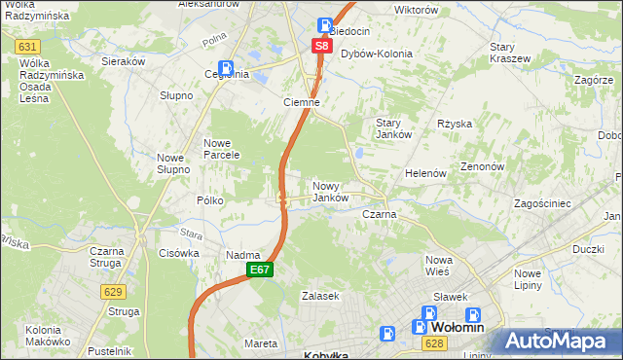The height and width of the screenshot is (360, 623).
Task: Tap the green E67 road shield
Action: pos(258,270)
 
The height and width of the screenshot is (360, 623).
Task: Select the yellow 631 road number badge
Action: pos(28,47)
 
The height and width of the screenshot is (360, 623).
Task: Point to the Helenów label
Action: pos(425,173)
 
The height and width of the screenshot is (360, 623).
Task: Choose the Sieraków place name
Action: pos(124,60)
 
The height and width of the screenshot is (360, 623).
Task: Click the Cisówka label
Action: pos(179,253)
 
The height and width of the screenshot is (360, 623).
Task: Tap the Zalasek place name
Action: pos(319,295)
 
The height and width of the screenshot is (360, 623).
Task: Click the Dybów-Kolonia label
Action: pos(376,54)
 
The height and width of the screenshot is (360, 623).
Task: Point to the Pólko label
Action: pos(210,200)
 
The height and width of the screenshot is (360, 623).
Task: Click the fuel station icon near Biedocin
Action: pos(324,26)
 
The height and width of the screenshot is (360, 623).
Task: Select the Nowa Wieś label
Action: pos(439,266)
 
